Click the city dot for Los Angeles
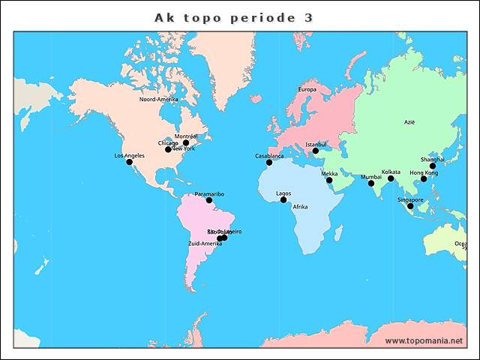(x=129, y=162)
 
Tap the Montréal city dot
(x=186, y=142)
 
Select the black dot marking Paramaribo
(x=209, y=200)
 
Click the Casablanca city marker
(x=269, y=162)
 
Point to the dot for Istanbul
(x=316, y=150)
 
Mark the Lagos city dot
(x=283, y=200)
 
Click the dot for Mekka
(x=329, y=180)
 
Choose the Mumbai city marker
(x=371, y=183)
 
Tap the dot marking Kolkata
(x=391, y=178)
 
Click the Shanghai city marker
(x=433, y=166)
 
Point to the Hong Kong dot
(x=424, y=178)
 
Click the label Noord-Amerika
(x=158, y=99)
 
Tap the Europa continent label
(x=307, y=90)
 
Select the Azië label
(x=409, y=121)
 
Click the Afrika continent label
(x=300, y=207)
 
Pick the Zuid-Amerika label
(x=205, y=244)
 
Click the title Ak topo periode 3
(x=234, y=16)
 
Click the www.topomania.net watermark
(x=424, y=341)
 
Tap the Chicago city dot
(x=168, y=149)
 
